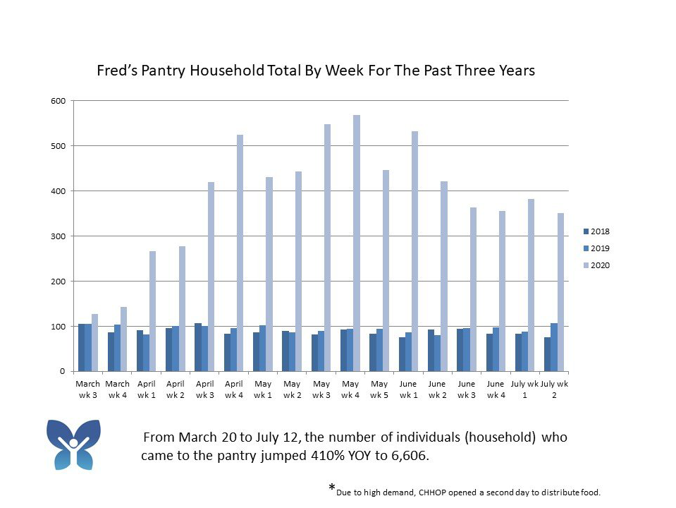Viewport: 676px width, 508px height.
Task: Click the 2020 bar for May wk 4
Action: (x=357, y=243)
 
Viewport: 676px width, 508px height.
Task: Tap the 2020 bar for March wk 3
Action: (x=94, y=343)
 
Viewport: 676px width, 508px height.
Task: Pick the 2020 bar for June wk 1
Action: (x=415, y=251)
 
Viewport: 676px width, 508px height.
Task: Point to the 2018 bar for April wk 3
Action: (x=198, y=347)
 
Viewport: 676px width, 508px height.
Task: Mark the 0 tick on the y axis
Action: (x=62, y=371)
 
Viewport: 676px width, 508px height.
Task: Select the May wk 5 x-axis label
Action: (x=379, y=389)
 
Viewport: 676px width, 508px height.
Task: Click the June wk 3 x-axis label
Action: (x=467, y=389)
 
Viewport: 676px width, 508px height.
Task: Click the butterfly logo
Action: (x=73, y=445)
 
